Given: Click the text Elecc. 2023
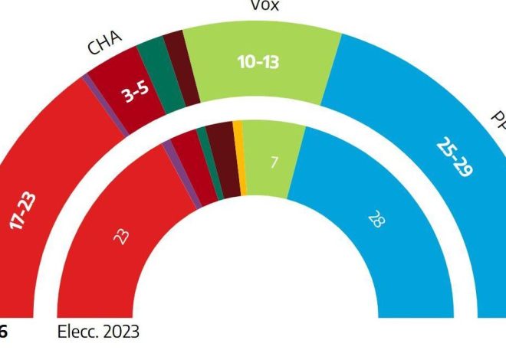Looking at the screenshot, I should (x=98, y=333).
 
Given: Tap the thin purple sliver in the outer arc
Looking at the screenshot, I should (x=107, y=107).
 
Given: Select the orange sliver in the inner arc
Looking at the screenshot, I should (x=239, y=157).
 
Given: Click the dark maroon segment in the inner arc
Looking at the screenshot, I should (x=224, y=159).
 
